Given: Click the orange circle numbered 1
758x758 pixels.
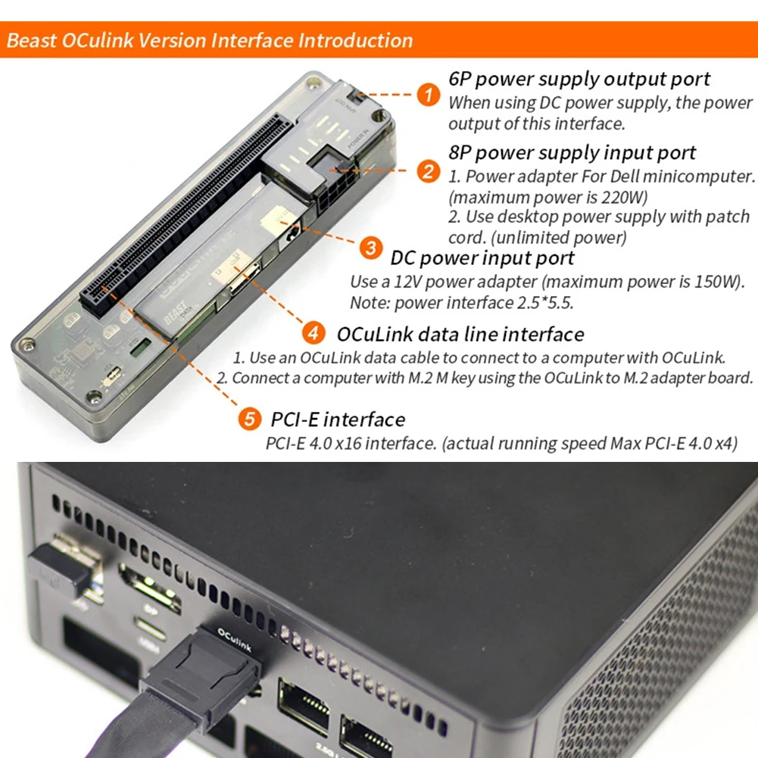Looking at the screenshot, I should [429, 95].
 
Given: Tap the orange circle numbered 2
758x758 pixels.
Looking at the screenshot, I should [429, 171].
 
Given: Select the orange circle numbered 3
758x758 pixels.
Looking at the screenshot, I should [370, 248].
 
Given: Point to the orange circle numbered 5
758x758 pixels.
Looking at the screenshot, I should [250, 419].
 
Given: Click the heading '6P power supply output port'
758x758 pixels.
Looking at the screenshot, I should [579, 79].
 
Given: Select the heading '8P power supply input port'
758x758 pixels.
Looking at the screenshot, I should [572, 152].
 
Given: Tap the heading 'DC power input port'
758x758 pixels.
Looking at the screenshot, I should [482, 258].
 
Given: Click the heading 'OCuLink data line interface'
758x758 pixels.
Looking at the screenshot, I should [460, 333].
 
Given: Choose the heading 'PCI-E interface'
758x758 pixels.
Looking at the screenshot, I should [337, 419].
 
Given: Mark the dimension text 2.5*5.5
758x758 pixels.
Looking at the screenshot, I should [541, 303].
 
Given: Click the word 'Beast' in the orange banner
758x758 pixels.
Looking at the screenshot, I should [31, 40].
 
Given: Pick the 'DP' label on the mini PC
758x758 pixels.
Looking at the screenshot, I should [150, 607].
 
